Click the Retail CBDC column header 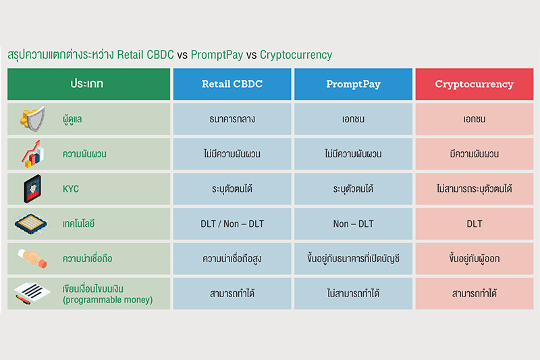(232, 84)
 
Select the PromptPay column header (353, 84)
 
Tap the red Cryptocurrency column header (475, 84)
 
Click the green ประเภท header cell (89, 84)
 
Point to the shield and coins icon (32, 119)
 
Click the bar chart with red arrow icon (32, 154)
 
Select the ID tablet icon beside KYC (32, 189)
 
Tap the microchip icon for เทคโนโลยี (31, 224)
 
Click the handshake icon (32, 259)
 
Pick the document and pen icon (32, 293)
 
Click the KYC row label (71, 189)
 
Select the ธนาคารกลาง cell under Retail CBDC (232, 119)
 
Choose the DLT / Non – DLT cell (232, 224)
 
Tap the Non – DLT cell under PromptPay (353, 224)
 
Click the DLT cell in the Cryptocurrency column (475, 224)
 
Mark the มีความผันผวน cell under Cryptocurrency (475, 154)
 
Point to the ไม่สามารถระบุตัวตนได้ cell (475, 189)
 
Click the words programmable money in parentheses (107, 300)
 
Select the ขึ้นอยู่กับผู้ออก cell (475, 259)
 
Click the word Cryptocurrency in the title (296, 55)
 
